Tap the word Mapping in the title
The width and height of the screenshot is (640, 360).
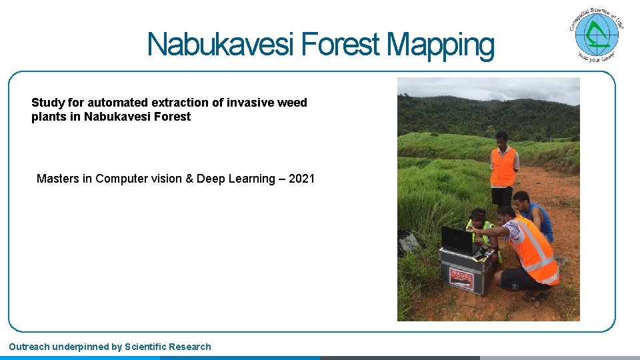[441, 45]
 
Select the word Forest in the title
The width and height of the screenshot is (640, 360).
[343, 45]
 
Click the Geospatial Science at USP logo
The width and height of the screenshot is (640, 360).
[597, 35]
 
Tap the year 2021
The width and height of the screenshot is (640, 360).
[302, 179]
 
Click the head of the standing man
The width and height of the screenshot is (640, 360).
[502, 139]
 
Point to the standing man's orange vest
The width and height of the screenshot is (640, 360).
[503, 167]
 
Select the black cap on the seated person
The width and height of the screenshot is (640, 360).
[477, 215]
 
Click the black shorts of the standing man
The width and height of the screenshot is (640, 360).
[501, 195]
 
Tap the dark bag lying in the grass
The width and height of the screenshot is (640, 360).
[407, 242]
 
